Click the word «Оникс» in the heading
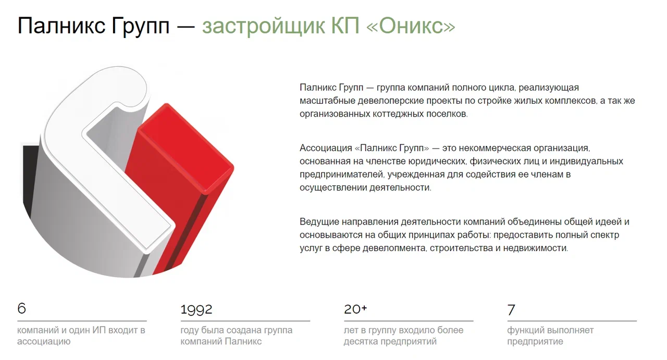point(411,26)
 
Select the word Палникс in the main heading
point(61,26)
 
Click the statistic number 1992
point(196,309)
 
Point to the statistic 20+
point(355,309)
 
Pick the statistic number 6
point(22,309)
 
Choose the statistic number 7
point(511,310)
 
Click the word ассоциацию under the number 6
point(44,341)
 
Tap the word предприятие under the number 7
point(535,341)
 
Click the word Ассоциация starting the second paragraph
point(326,148)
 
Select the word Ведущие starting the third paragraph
point(319,222)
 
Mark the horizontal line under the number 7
point(572,321)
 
